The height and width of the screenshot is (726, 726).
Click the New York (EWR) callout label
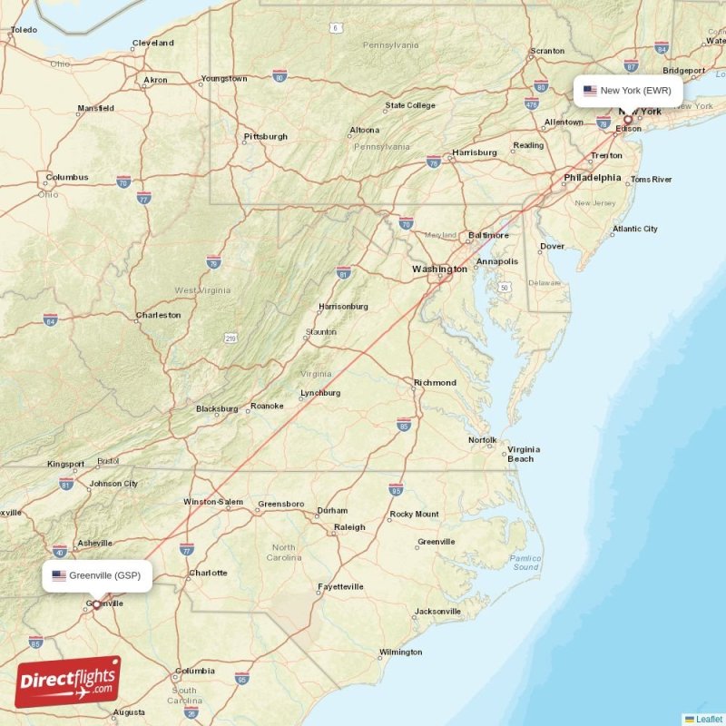tap(627, 91)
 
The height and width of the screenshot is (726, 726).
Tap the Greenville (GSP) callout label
tap(96, 575)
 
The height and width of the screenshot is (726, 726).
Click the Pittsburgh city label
tap(265, 137)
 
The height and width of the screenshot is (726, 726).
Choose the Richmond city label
tap(435, 383)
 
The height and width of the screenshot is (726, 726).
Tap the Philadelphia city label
tap(592, 178)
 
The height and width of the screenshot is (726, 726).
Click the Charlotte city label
tap(207, 574)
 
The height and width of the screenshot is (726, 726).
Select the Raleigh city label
tap(349, 527)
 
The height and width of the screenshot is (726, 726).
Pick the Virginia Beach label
tap(523, 454)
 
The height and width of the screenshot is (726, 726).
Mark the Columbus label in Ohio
tap(67, 177)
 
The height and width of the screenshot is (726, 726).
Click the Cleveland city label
tap(152, 43)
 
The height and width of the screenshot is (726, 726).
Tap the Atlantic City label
tap(635, 230)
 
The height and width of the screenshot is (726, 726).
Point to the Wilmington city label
tap(400, 652)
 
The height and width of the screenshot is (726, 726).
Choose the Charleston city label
tap(158, 316)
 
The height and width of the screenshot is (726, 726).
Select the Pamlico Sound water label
tap(525, 563)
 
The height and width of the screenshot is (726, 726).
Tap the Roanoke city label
tap(267, 406)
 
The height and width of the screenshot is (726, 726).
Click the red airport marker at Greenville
tap(96, 603)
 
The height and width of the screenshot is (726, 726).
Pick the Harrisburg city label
tap(474, 152)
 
